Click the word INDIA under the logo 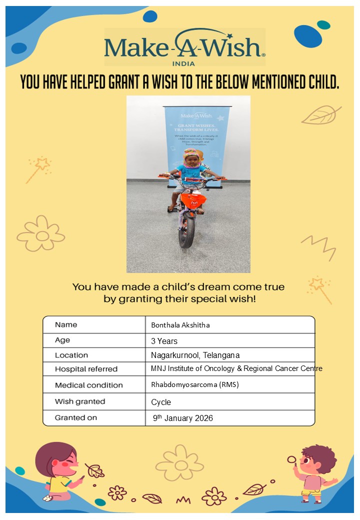[x=183, y=63]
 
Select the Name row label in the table [x=66, y=324]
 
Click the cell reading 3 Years [x=164, y=341]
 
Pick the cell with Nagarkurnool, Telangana [x=195, y=355]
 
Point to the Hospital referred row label [x=86, y=369]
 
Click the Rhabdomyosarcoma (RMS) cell [x=190, y=385]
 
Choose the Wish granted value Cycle [x=161, y=402]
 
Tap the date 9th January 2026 [x=183, y=418]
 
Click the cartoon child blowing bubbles [x=316, y=472]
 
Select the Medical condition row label [x=88, y=385]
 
